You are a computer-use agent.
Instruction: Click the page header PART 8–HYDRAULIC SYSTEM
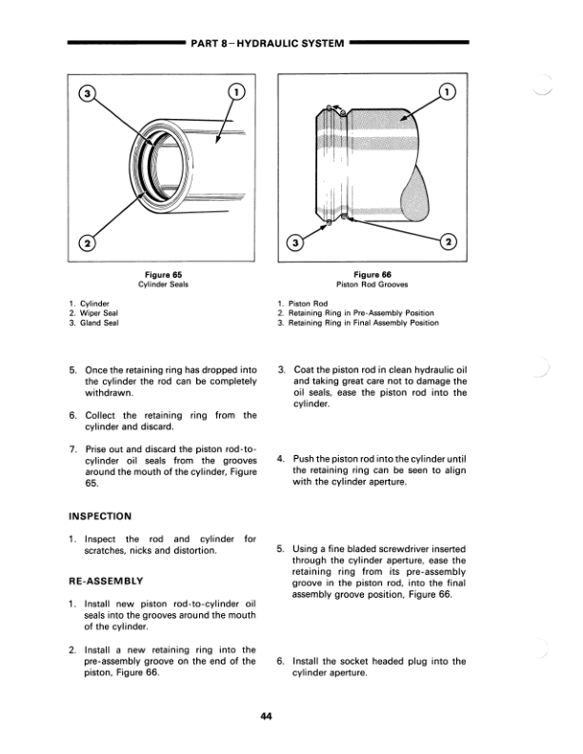pyautogui.click(x=268, y=43)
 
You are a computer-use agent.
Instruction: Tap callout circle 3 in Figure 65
pyautogui.click(x=88, y=94)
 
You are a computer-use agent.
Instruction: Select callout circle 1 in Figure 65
pyautogui.click(x=237, y=93)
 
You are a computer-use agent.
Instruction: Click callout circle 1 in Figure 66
pyautogui.click(x=447, y=93)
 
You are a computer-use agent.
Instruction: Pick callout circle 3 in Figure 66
pyautogui.click(x=296, y=241)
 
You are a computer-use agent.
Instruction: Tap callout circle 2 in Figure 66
pyautogui.click(x=447, y=241)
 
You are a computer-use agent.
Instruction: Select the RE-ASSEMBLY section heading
pyautogui.click(x=106, y=580)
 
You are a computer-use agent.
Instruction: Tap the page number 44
pyautogui.click(x=268, y=718)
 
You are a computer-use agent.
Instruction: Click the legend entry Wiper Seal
pyautogui.click(x=103, y=313)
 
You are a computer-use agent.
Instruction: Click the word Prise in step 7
pyautogui.click(x=99, y=449)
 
